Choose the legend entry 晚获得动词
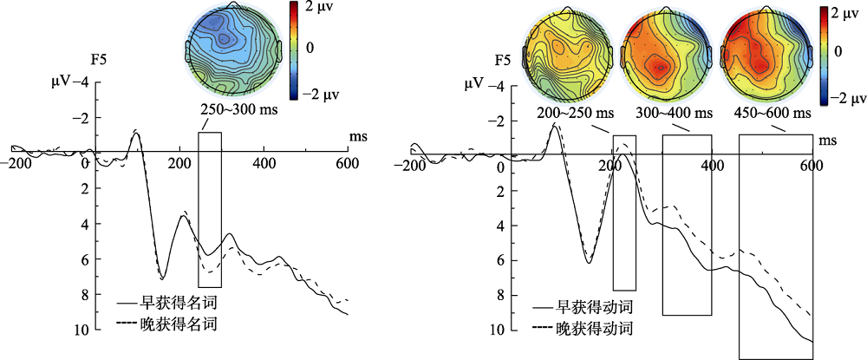click(594, 329)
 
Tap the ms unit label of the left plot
click(357, 138)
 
